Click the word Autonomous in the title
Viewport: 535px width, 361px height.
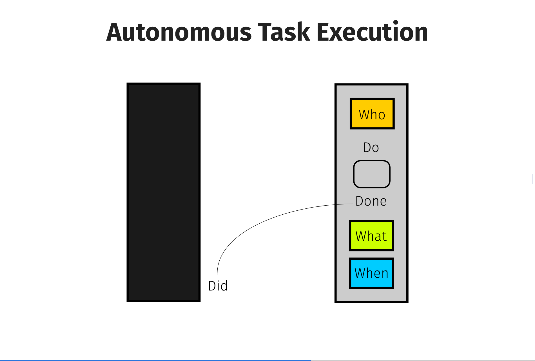coord(179,32)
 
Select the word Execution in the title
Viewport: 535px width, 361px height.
coord(372,31)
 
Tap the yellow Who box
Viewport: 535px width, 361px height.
coord(372,114)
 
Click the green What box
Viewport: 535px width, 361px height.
coord(371,235)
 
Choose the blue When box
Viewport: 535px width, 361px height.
coord(371,273)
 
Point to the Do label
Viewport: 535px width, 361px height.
coord(371,148)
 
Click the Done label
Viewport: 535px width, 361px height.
coord(371,201)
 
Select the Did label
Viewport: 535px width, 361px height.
coord(218,286)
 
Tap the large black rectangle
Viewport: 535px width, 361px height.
coord(164,192)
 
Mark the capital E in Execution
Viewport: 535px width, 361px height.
coord(323,32)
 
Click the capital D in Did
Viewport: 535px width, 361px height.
coord(212,286)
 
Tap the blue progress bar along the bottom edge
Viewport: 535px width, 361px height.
coord(155,360)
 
